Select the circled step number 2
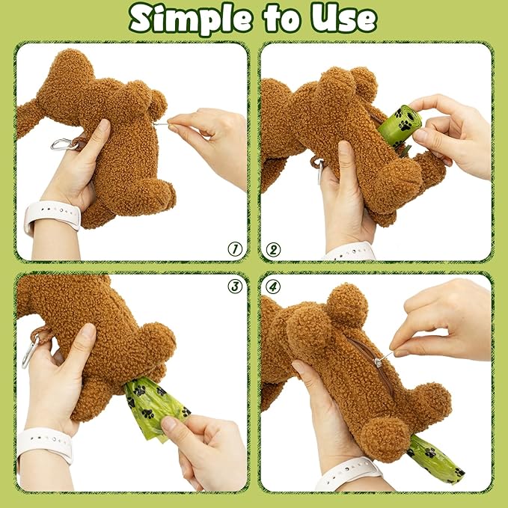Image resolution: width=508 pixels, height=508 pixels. point(273,249)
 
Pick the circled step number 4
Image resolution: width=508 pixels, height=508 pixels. point(273,285)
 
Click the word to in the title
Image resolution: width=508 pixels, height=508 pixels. point(278,19)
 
